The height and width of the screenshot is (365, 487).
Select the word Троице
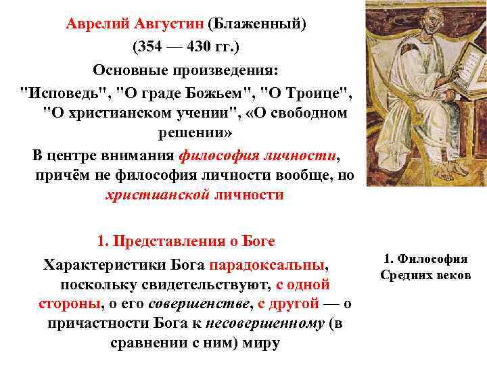coord(317,92)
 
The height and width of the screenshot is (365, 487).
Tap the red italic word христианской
coord(156,196)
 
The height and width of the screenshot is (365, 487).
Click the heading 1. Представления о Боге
coord(186,241)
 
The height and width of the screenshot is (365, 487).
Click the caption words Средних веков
coord(425,275)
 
